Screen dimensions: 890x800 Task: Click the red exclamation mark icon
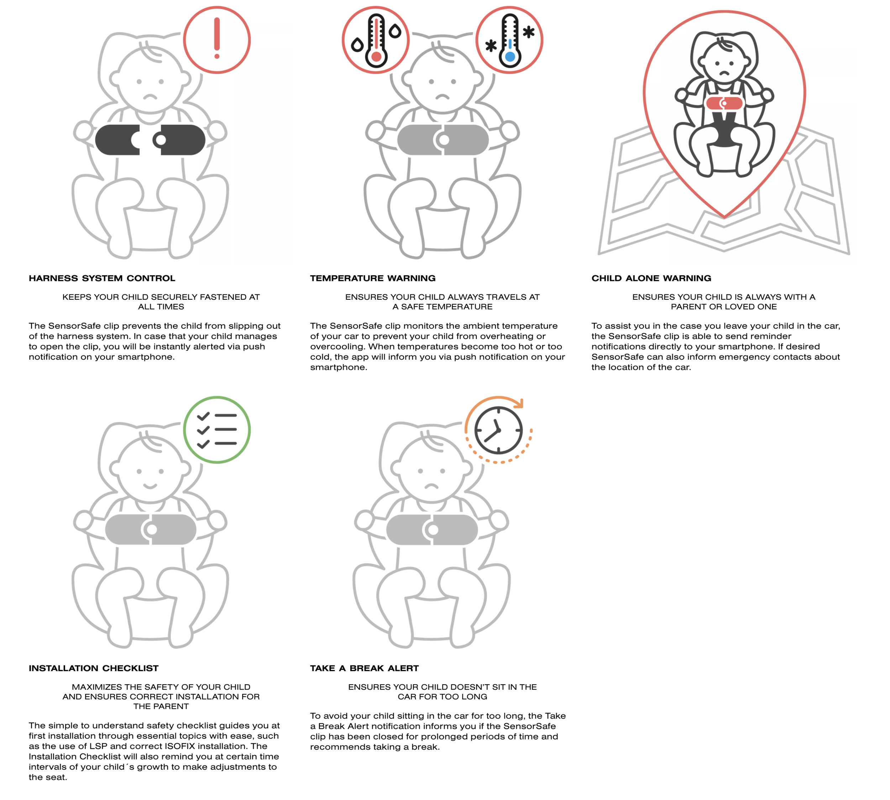pos(217,40)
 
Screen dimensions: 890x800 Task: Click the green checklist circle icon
pos(217,429)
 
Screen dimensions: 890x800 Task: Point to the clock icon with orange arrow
pos(498,430)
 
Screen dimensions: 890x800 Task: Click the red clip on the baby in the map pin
pos(724,103)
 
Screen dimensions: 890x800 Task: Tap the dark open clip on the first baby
pos(150,140)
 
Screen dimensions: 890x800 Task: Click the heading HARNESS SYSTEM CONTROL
pos(102,278)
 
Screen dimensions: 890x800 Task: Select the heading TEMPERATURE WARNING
pos(373,278)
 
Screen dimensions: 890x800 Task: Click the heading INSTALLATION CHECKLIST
pos(94,668)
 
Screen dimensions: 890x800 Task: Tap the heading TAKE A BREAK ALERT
pos(364,668)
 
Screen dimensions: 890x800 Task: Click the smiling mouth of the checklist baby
pos(150,486)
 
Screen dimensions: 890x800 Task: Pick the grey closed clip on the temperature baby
pos(443,140)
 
